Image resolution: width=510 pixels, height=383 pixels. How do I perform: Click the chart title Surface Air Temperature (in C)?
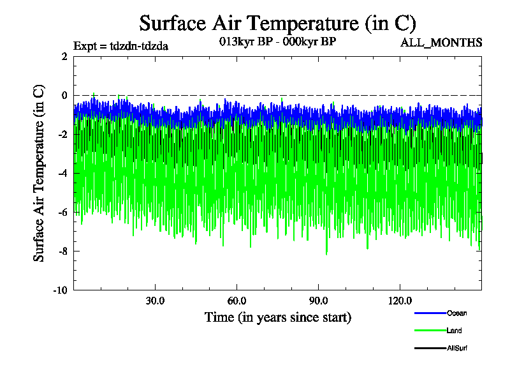(x=277, y=23)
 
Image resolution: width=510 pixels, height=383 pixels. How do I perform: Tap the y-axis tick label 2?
(x=64, y=57)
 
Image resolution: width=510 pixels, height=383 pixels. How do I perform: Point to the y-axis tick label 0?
(x=64, y=96)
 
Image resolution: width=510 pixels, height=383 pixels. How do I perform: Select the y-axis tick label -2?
(x=62, y=135)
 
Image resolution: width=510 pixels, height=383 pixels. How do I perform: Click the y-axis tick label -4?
(x=62, y=174)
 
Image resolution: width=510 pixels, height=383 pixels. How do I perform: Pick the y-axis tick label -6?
(x=62, y=213)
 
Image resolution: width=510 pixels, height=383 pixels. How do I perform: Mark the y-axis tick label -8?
(x=62, y=252)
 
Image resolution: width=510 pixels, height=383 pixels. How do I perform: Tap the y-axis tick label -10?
(x=61, y=290)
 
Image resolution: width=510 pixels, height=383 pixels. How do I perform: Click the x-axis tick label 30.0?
(x=155, y=301)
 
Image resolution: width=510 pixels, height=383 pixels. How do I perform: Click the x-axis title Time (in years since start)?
(x=277, y=317)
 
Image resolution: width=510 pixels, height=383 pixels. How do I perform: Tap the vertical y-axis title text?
(x=40, y=173)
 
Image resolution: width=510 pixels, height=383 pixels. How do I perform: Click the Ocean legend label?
(x=456, y=313)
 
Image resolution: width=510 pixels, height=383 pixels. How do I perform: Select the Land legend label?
(x=455, y=331)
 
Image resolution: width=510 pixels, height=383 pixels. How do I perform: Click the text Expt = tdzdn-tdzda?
(x=121, y=46)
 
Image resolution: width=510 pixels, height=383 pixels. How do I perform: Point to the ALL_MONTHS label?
(x=441, y=43)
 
